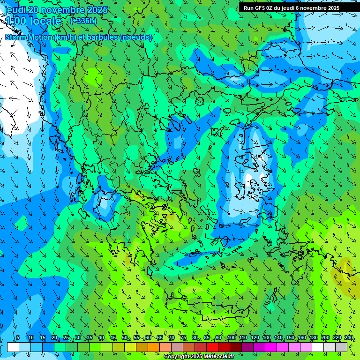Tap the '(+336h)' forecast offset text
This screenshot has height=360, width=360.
pyautogui.click(x=83, y=21)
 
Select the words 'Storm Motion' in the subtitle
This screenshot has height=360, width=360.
pyautogui.click(x=29, y=37)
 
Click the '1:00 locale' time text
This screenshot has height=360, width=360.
pyautogui.click(x=33, y=21)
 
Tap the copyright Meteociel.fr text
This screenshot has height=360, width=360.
pyautogui.click(x=199, y=357)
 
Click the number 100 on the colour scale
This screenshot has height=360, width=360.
pyautogui.click(x=232, y=338)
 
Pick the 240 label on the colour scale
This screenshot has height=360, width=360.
pyautogui.click(x=349, y=338)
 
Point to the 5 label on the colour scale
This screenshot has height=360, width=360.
pyautogui.click(x=18, y=338)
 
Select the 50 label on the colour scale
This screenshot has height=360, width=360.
pyautogui.click(x=125, y=338)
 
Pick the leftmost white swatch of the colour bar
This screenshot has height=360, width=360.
pyautogui.click(x=13, y=347)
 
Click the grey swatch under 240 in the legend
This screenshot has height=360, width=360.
pyautogui.click(x=341, y=347)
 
